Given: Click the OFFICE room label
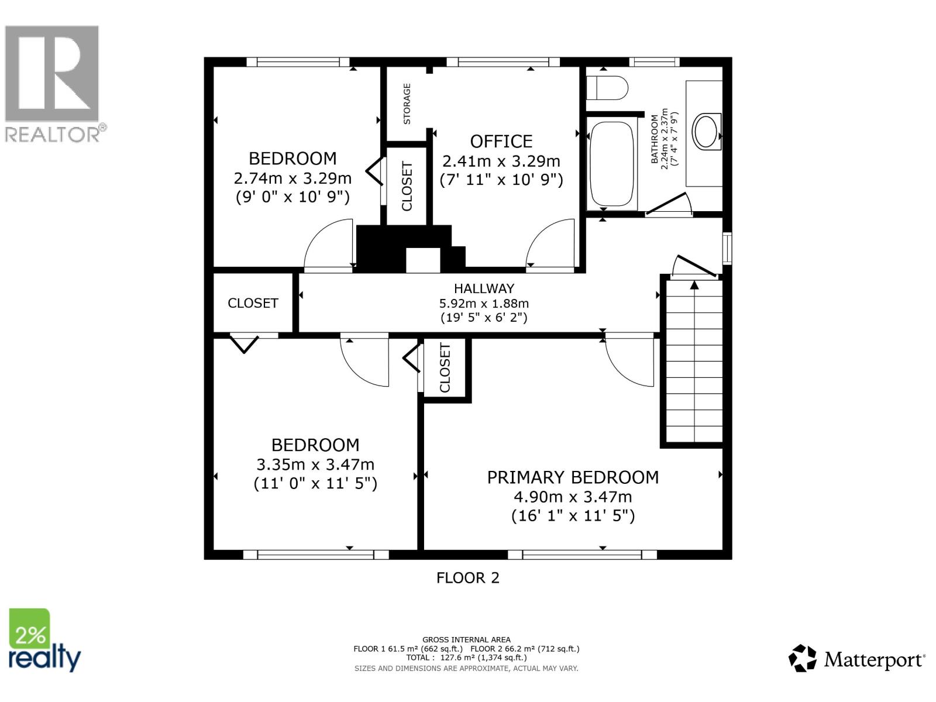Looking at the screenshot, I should tap(501, 142).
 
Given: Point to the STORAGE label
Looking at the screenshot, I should tap(407, 104).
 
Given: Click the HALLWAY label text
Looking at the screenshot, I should tap(484, 288).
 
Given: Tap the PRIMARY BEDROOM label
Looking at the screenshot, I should tap(573, 477).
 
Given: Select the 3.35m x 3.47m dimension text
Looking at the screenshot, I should tap(315, 464).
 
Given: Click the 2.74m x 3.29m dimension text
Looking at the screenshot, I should tap(292, 178).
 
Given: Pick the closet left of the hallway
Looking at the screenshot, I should tap(253, 302).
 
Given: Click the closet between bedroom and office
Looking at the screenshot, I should tap(407, 186).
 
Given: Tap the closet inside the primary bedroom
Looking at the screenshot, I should tap(445, 368).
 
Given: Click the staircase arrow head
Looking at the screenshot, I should tap(694, 285).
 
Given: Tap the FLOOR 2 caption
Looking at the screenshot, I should tap(467, 578).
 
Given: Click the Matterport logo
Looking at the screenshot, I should tap(857, 659).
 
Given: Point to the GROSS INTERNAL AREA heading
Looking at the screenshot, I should tap(466, 640).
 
